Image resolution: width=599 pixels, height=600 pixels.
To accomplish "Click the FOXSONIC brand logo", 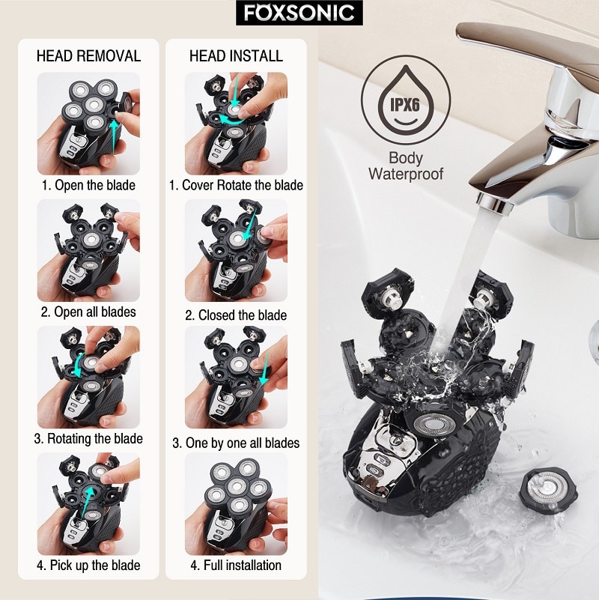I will (299, 13).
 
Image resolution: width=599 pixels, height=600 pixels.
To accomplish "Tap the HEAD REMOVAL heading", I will (88, 56).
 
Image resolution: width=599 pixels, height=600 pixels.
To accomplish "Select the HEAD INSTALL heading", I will (236, 56).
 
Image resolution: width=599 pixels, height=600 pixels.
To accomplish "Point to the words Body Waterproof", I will (406, 166).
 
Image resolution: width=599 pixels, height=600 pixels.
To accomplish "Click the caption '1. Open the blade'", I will (88, 185).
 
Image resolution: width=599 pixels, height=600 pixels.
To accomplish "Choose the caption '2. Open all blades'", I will (88, 312).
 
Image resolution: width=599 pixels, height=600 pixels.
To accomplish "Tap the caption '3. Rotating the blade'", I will (88, 438).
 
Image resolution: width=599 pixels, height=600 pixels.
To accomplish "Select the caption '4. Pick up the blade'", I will (88, 565).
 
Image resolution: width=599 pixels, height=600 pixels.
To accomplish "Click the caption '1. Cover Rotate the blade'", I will (236, 185).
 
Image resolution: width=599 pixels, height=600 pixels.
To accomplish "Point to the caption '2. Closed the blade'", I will (236, 315).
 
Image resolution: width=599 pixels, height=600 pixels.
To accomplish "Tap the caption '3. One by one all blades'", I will (236, 443).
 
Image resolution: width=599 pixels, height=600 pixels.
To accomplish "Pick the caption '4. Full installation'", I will (236, 565).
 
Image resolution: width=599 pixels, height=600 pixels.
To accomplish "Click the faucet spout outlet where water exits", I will (491, 199).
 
